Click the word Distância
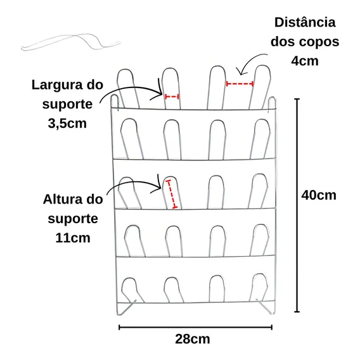(305, 23)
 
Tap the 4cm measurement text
(305, 61)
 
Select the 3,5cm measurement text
(67, 124)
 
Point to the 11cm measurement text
(73, 238)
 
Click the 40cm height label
(319, 195)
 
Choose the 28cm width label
(193, 339)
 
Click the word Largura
(57, 86)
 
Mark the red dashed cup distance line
(240, 84)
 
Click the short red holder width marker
(172, 97)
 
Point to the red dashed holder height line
(172, 194)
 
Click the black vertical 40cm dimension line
(297, 205)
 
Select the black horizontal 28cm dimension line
(195, 328)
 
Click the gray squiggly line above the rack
(71, 42)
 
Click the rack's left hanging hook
(114, 101)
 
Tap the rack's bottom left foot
(124, 308)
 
